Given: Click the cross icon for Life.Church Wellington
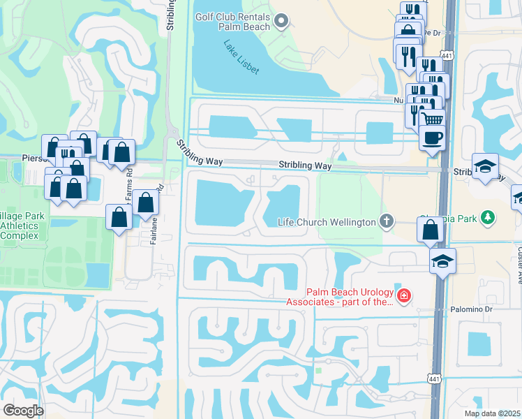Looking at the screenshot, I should [x=386, y=222].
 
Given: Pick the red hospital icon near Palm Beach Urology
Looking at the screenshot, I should [x=404, y=297].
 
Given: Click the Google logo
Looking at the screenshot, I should [x=24, y=410].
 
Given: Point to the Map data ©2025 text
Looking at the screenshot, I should [x=493, y=413].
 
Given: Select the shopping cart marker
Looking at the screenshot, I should [x=433, y=119].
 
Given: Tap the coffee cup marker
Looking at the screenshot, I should [x=433, y=137].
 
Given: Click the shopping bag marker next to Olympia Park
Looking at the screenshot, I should [x=431, y=229].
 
